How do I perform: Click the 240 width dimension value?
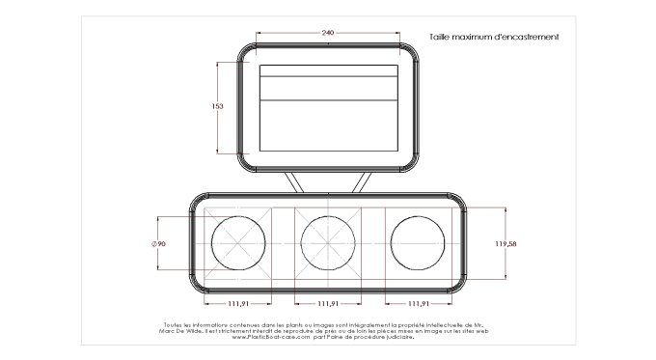pyautogui.click(x=328, y=34)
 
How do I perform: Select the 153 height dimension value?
pyautogui.click(x=217, y=107)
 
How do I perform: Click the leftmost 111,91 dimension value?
pyautogui.click(x=238, y=304)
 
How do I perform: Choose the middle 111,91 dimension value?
pyautogui.click(x=329, y=304)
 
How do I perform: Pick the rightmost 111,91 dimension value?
pyautogui.click(x=419, y=304)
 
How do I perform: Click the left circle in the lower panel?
pyautogui.click(x=238, y=244)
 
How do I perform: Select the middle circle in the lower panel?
pyautogui.click(x=329, y=244)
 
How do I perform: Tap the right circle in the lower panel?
pyautogui.click(x=419, y=244)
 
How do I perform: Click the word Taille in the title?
pyautogui.click(x=440, y=37)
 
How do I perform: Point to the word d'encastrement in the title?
pyautogui.click(x=525, y=37)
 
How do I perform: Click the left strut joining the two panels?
pyautogui.click(x=292, y=181)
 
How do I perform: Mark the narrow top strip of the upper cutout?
pyautogui.click(x=329, y=70)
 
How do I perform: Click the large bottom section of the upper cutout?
pyautogui.click(x=329, y=125)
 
